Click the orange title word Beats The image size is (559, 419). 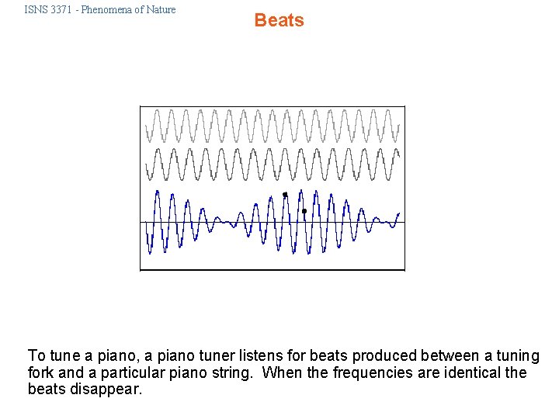click(x=279, y=20)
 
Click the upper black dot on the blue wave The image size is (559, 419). click(x=285, y=195)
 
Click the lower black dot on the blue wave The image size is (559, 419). click(x=304, y=211)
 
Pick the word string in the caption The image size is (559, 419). click(x=232, y=373)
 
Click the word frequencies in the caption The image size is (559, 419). click(x=371, y=373)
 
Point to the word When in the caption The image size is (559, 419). click(x=282, y=373)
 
